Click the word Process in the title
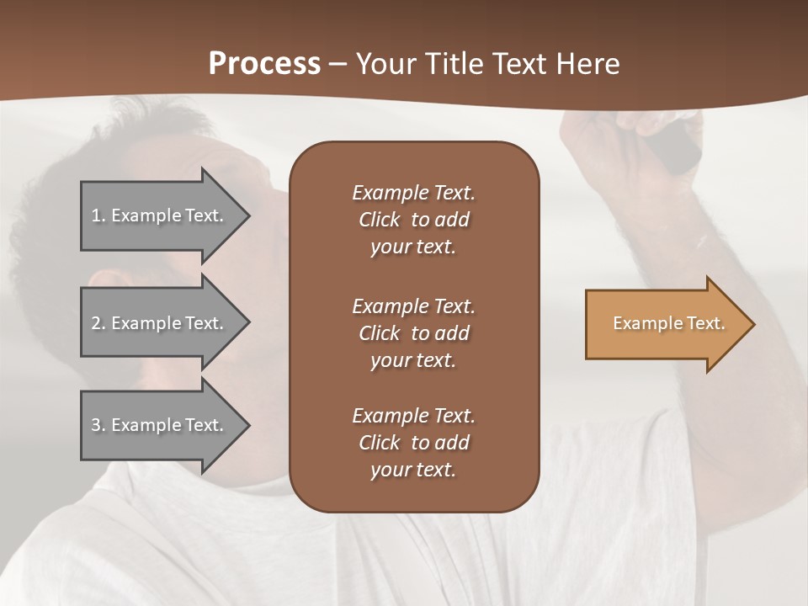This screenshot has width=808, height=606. point(264,64)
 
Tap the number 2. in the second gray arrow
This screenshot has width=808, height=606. point(98,323)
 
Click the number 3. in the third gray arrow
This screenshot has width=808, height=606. point(98,425)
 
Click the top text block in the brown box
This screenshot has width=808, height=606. point(413,220)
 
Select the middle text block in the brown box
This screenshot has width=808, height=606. point(413,333)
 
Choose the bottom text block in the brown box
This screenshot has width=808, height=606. point(413,443)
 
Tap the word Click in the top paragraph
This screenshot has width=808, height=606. point(380,220)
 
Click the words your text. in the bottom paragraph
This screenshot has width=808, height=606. point(413,470)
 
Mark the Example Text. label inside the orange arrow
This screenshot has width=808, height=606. point(668,323)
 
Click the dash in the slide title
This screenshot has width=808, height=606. point(338,65)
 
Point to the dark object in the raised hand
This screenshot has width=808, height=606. point(678,146)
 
